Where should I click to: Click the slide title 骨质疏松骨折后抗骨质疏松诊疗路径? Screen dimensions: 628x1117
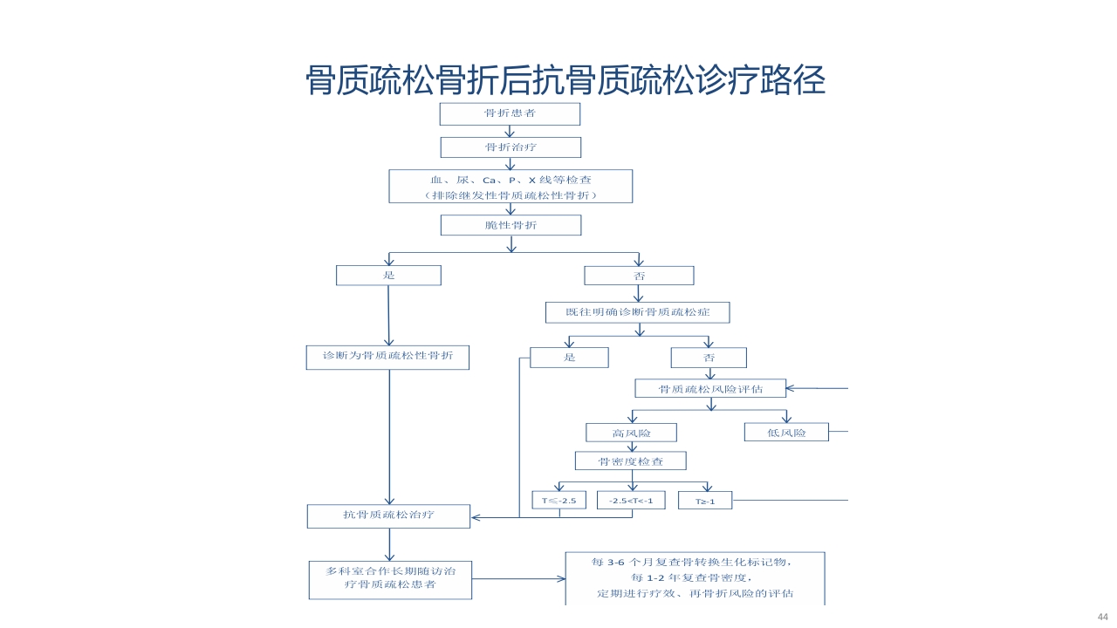pos(565,81)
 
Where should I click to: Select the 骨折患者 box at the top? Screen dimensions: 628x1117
pos(510,114)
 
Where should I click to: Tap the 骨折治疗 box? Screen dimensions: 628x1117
pos(510,147)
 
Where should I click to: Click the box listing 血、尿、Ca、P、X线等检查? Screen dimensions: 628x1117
pos(511,187)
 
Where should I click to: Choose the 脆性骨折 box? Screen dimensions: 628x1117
pos(511,225)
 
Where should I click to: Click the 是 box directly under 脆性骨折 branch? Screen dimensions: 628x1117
pos(388,275)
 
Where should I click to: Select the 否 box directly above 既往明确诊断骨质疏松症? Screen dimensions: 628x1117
pos(639,276)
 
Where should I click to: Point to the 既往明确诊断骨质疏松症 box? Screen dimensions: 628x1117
pos(637,312)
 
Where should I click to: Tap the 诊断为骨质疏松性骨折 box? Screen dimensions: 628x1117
pos(387,357)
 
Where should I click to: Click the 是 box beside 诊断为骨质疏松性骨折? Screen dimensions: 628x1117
pos(569,358)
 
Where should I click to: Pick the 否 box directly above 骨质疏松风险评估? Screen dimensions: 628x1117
pos(709,358)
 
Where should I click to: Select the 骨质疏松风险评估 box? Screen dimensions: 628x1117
pos(710,389)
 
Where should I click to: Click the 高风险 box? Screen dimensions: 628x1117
pos(631,433)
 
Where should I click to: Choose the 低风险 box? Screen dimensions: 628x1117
pos(786,433)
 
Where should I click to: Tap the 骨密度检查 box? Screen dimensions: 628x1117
pos(630,461)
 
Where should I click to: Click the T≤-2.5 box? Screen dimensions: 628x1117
pos(558,501)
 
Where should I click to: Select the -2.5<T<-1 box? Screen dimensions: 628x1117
pos(631,501)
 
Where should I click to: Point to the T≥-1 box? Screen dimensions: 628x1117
pos(705,502)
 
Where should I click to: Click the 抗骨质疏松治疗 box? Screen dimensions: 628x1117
pos(388,515)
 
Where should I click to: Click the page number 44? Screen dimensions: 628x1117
pos(1102,618)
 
